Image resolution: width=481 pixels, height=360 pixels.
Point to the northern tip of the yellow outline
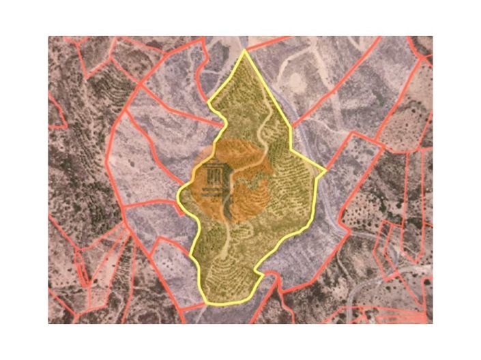(x=245, y=50)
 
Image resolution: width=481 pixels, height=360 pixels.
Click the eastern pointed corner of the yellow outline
(x=325, y=168)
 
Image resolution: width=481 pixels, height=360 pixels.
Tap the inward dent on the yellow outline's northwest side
(x=225, y=123)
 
